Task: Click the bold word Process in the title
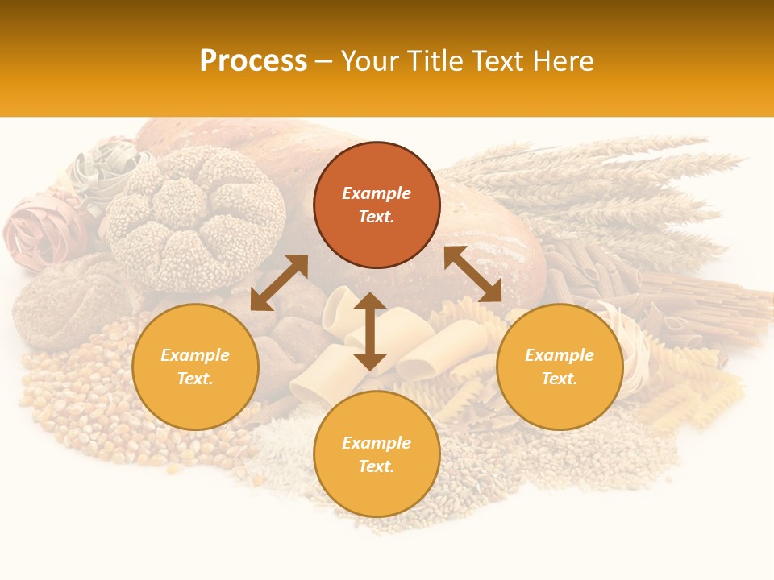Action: [253, 61]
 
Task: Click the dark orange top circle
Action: [377, 205]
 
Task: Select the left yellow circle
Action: [195, 367]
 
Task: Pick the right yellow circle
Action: [560, 367]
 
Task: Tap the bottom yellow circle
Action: [377, 454]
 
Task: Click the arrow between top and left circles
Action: [279, 283]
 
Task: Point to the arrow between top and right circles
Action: [472, 274]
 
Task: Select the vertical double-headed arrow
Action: [369, 331]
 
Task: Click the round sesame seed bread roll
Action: [197, 217]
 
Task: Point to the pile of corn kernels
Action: [81, 403]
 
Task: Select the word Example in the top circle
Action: [377, 193]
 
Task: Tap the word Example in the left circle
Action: [195, 355]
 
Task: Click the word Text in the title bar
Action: [494, 61]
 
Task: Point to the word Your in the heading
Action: [368, 61]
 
